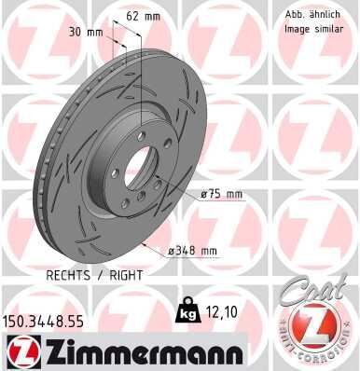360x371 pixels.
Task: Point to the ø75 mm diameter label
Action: coord(222,194)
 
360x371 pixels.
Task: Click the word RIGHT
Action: coord(128,276)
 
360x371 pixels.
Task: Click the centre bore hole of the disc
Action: coord(139,169)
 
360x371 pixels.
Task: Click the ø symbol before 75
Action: coord(204,194)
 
